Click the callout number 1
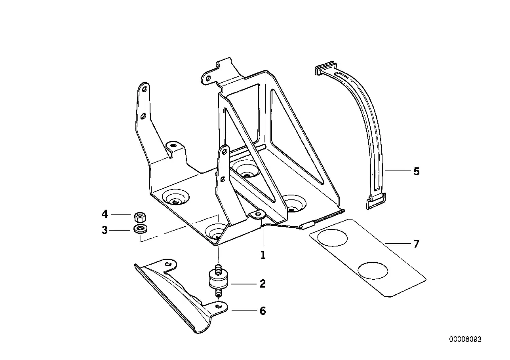[x=263, y=255]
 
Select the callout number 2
[x=263, y=284]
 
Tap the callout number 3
[x=105, y=230]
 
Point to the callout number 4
[x=105, y=214]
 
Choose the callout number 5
[x=416, y=171]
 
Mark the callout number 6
[x=263, y=311]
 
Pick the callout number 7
[x=416, y=244]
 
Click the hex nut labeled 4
[x=139, y=216]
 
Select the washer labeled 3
[x=139, y=228]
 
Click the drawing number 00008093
[x=465, y=339]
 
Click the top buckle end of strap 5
[x=325, y=69]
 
